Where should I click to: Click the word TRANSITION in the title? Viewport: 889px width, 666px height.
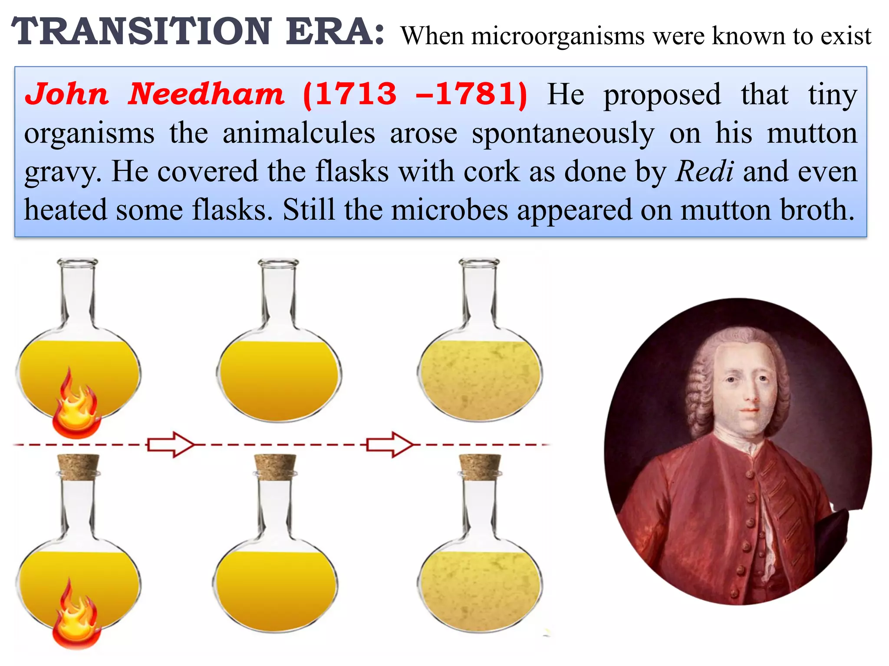(142, 31)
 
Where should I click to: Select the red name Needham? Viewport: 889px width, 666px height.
(206, 94)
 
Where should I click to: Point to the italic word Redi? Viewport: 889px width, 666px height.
(705, 172)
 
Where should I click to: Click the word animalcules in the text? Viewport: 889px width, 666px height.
(299, 133)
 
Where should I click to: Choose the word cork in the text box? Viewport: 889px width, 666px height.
(491, 172)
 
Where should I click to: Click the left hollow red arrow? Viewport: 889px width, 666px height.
(170, 444)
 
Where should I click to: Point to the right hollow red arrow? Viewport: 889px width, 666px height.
(389, 444)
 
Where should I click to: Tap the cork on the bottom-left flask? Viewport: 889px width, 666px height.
(79, 467)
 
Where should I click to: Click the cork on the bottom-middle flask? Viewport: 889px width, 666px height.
(275, 467)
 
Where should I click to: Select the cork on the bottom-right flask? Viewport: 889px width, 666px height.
(480, 467)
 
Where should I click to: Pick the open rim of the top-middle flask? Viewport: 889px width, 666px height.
(278, 263)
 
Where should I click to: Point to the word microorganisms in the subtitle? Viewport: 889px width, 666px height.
(558, 36)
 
